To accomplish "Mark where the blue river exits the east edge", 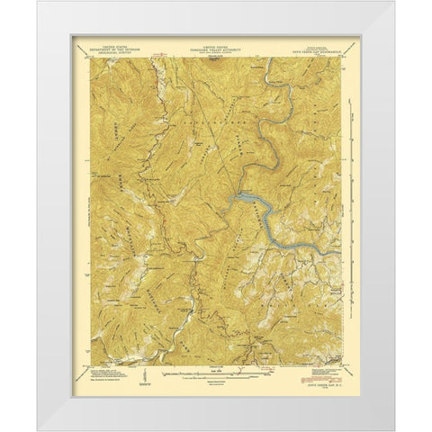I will tap(342, 253).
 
